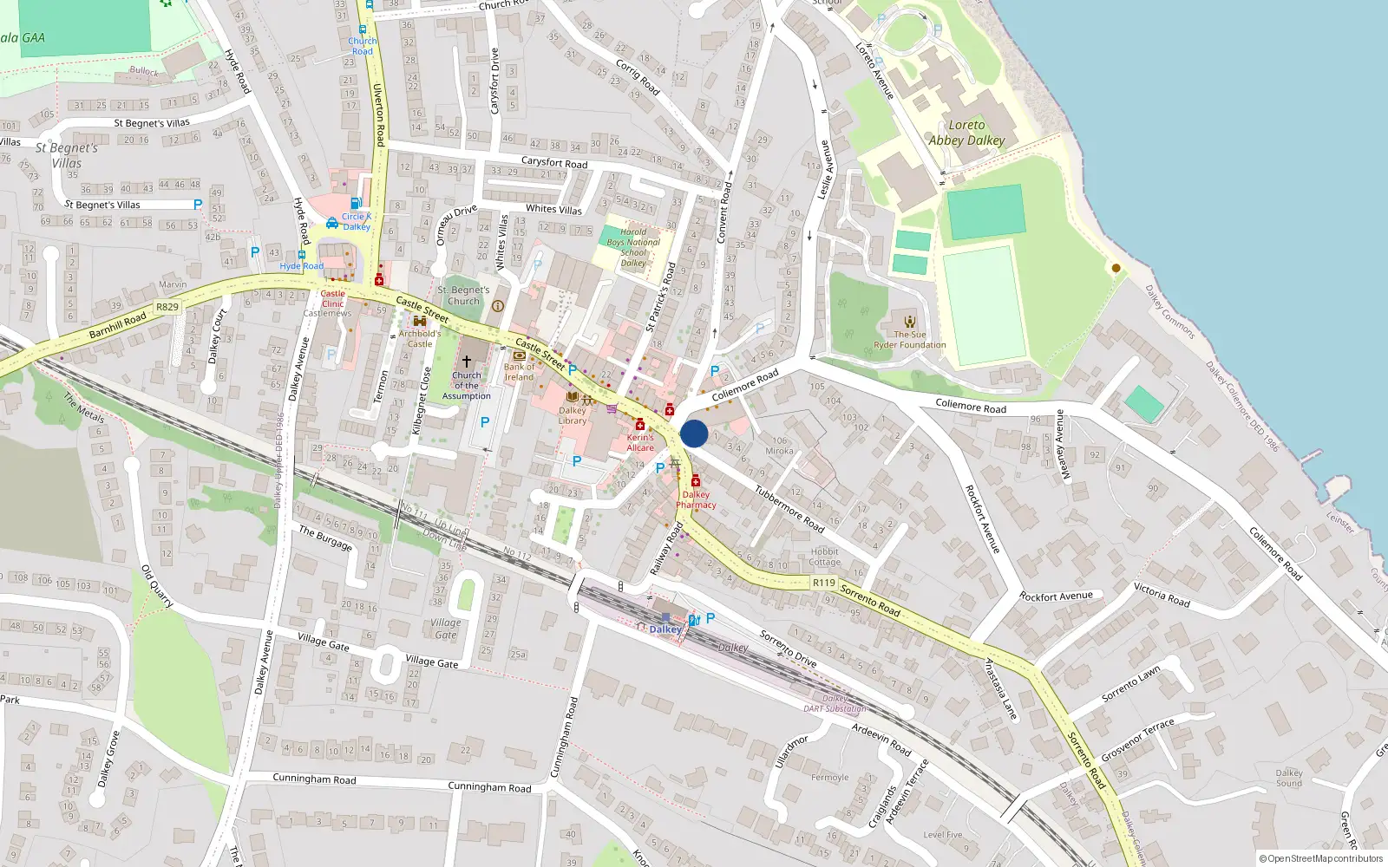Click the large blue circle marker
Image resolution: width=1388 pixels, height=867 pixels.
694,433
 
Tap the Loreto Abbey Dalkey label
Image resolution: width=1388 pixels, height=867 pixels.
966,133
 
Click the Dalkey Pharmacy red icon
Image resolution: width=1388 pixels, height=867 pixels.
696,481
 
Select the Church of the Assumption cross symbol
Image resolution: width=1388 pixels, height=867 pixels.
467,361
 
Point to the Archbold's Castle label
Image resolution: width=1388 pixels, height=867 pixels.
420,338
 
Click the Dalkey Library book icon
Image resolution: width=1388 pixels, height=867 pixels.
572,397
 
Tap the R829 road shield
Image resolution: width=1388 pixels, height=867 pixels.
167,307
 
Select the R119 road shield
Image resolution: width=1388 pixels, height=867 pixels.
824,583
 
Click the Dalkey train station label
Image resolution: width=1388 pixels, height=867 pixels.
665,629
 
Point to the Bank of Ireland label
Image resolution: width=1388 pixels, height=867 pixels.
519,372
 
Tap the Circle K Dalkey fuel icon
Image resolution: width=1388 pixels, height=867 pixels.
356,204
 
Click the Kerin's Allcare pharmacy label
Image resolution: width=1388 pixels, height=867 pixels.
640,442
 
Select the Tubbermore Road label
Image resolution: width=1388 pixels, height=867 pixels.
789,508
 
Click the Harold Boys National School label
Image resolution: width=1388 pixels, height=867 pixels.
633,247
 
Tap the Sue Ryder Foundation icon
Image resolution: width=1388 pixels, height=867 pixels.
909,322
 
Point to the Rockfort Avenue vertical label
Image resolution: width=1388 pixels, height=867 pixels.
983,518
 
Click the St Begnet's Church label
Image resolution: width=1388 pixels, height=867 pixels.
463,296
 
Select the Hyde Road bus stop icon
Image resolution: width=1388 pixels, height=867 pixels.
301,256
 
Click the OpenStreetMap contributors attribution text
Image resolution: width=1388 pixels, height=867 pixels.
1320,858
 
